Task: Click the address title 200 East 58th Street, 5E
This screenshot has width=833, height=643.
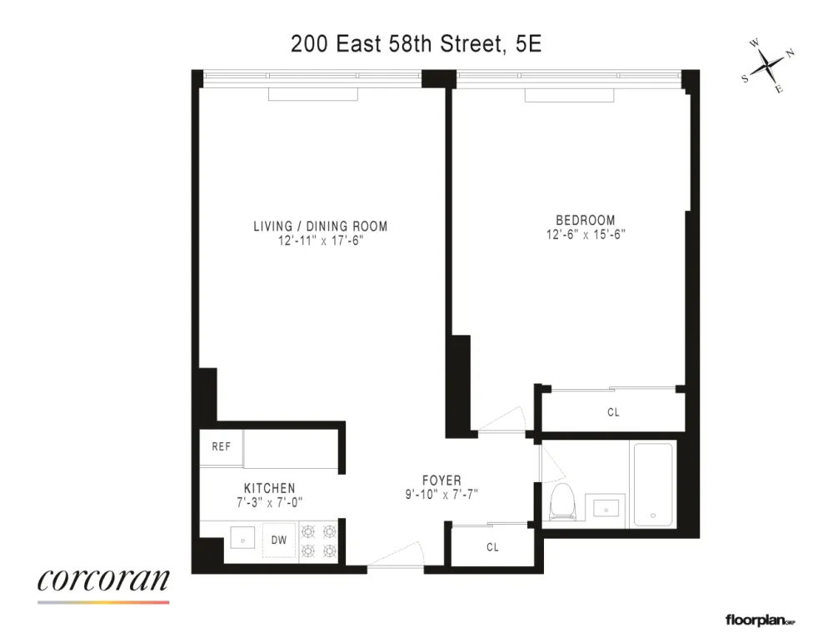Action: point(416,44)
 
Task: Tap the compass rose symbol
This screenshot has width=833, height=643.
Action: point(768,67)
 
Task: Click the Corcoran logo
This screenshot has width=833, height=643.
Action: point(103,585)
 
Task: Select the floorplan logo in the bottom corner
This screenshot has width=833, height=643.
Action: point(761,621)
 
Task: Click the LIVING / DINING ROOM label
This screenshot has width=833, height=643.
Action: point(321,227)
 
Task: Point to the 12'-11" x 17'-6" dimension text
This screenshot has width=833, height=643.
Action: point(321,241)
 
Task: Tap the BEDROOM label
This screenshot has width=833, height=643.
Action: point(586,220)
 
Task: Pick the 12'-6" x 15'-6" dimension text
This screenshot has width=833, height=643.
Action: point(586,234)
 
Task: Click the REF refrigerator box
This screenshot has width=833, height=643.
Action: point(221,447)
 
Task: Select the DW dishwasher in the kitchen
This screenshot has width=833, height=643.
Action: point(279,541)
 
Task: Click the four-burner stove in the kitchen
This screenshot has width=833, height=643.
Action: point(319,541)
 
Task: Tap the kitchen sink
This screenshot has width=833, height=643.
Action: point(242,538)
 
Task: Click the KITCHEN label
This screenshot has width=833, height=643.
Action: point(269,488)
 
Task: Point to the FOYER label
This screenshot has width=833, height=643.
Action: point(441,481)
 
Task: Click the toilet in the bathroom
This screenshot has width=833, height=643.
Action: point(562,502)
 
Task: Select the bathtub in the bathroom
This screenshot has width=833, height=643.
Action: point(653,485)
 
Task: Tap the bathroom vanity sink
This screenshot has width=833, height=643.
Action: point(606,509)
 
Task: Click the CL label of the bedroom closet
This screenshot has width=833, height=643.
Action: point(613,412)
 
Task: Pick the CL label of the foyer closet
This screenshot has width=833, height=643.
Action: point(492,547)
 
